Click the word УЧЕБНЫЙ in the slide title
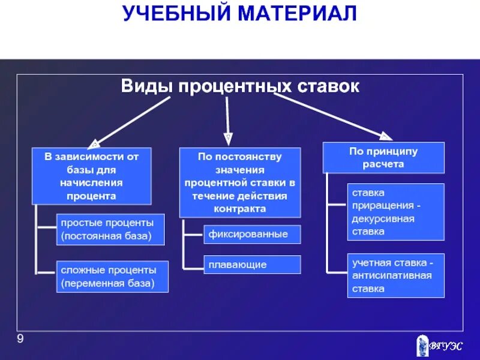click(176, 14)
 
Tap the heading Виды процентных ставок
click(240, 86)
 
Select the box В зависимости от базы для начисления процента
click(91, 176)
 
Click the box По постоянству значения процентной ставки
click(240, 182)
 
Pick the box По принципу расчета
click(383, 157)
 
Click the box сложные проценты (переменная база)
click(112, 277)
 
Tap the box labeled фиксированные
click(252, 234)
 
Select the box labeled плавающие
click(252, 265)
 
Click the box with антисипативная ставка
click(396, 276)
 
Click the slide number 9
click(20, 341)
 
